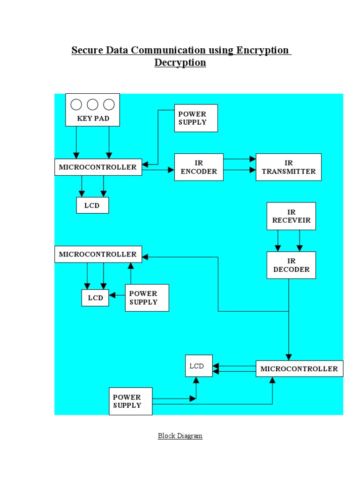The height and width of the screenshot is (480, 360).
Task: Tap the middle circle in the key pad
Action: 93,104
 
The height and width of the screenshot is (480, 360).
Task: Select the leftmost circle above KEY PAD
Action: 76,104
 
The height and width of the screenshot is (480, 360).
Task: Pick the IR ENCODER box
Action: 199,167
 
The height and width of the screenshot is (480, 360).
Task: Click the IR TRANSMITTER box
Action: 288,167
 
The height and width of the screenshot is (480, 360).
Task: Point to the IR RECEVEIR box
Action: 291,216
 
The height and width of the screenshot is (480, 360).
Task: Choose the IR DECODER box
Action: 291,265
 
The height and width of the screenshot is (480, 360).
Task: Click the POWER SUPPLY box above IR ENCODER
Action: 196,118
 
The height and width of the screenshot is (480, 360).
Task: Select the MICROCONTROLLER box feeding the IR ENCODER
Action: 98,167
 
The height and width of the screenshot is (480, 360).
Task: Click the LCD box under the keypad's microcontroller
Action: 92,205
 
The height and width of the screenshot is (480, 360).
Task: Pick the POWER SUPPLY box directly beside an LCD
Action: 147,298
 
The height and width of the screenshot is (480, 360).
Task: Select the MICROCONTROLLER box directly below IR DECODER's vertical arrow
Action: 299,368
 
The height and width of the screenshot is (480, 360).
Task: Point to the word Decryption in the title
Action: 180,62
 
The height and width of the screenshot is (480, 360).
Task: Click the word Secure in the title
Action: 87,50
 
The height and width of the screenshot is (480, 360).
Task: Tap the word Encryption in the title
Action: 262,50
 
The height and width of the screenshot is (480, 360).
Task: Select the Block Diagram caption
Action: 180,436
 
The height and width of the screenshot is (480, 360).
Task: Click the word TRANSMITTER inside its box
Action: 288,172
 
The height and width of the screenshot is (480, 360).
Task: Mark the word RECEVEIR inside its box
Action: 291,220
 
